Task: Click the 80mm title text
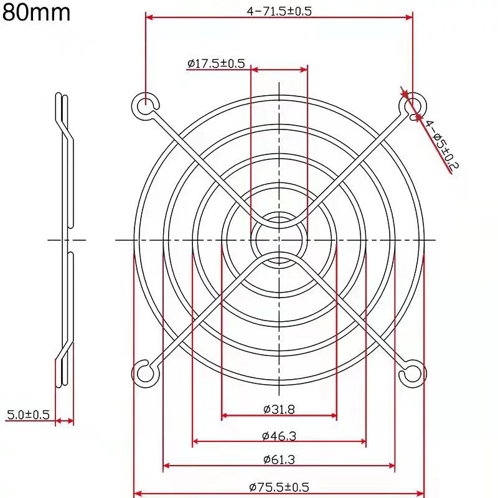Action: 36,12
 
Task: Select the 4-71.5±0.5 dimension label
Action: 279,11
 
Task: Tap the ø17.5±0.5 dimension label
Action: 216,63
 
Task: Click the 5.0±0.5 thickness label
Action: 28,415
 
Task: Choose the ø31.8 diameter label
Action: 279,409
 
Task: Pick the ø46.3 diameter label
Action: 279,436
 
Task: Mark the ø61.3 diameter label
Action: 279,459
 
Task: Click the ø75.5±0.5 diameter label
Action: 279,487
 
